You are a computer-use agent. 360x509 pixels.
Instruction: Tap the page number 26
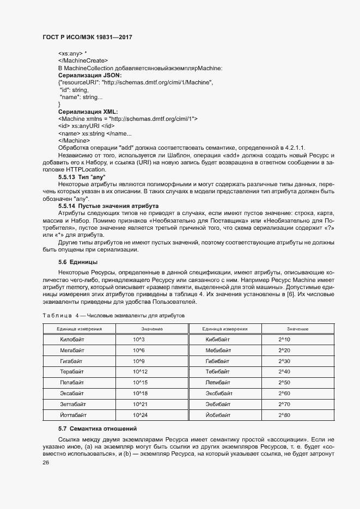[46, 463]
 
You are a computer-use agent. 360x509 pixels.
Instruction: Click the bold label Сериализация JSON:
[90, 75]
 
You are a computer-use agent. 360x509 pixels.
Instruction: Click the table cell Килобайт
[72, 340]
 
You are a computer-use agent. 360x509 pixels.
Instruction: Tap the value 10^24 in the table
[141, 415]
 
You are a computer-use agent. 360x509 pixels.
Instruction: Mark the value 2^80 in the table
[284, 415]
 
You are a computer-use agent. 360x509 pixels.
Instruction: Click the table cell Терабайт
[72, 372]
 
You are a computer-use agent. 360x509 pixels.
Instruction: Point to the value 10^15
[141, 383]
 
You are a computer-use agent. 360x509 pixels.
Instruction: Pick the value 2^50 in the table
[284, 383]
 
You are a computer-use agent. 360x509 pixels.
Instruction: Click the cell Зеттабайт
[73, 404]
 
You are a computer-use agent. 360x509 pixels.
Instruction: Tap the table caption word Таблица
[57, 315]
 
